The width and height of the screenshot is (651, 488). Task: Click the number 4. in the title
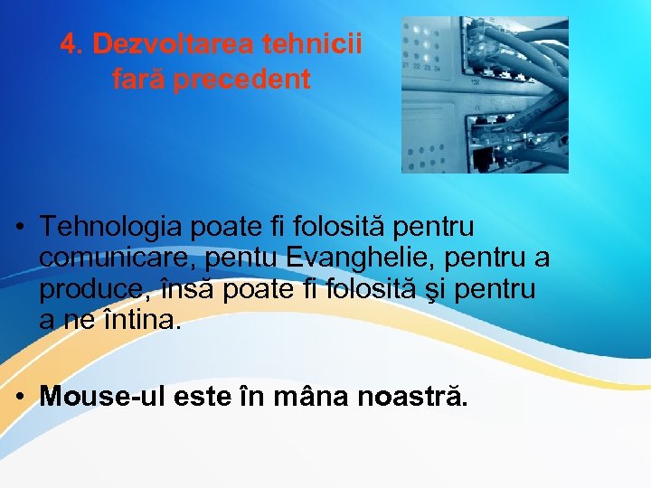click(72, 44)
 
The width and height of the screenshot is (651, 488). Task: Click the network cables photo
click(485, 95)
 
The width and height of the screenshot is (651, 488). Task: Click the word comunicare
click(118, 258)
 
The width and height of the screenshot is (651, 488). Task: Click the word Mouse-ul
click(98, 396)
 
